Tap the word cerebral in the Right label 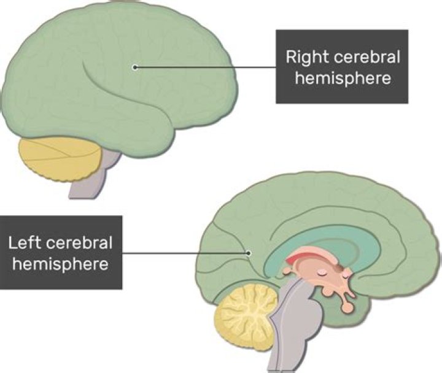pos(365,58)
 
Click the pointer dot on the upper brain pos(134,67)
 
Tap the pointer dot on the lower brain pos(248,252)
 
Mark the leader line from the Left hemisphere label pos(184,252)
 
